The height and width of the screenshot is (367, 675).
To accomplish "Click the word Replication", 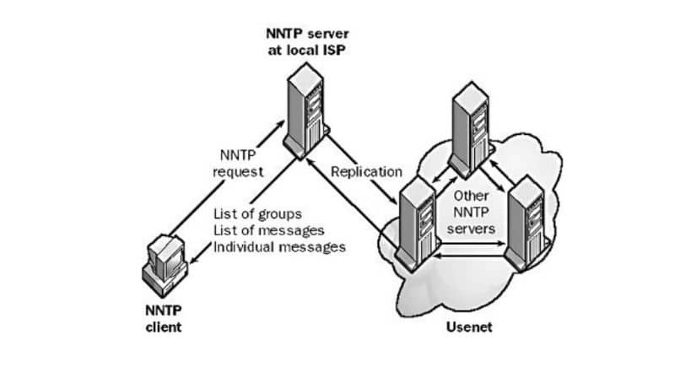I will pyautogui.click(x=366, y=171).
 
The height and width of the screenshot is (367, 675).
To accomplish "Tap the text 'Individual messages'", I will pyautogui.click(x=279, y=247).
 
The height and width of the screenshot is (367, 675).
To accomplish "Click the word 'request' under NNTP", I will pyautogui.click(x=240, y=171).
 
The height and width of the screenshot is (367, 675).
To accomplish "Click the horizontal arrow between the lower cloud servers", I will pyautogui.click(x=471, y=250).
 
